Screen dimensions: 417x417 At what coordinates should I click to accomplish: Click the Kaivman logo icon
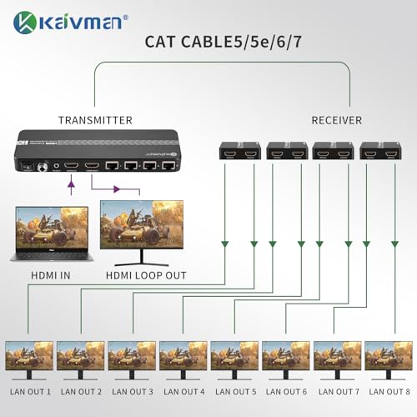coord(25,23)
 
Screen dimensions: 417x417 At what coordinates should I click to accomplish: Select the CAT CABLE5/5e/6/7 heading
coord(224,42)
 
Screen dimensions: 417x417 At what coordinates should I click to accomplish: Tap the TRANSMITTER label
coord(95,120)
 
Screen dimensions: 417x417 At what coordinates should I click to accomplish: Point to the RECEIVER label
coord(337,120)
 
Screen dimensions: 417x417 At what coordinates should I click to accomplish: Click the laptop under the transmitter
coord(52,234)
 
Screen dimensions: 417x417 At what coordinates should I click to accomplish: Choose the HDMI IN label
coord(51,275)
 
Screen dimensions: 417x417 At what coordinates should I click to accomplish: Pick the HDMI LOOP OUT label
coord(146,275)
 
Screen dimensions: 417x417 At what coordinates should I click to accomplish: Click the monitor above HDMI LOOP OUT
coord(142,233)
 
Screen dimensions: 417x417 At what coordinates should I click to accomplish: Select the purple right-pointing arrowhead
coord(117,189)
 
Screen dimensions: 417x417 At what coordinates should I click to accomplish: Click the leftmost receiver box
coord(240,151)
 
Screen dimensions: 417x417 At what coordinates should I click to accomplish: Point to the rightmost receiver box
coord(380,151)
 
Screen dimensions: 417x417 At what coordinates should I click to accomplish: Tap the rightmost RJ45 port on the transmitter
coord(168,166)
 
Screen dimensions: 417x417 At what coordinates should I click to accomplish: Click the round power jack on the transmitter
coord(43,167)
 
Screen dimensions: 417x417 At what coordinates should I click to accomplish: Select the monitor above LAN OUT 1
coord(29,360)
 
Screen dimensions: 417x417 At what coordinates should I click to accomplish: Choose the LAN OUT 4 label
coord(184,392)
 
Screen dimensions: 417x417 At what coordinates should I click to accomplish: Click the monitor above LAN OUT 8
coord(389,360)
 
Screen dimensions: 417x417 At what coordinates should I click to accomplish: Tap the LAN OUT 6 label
coord(286,392)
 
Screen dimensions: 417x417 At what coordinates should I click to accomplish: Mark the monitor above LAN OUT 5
coord(235,360)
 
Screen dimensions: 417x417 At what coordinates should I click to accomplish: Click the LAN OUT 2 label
coord(81,392)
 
